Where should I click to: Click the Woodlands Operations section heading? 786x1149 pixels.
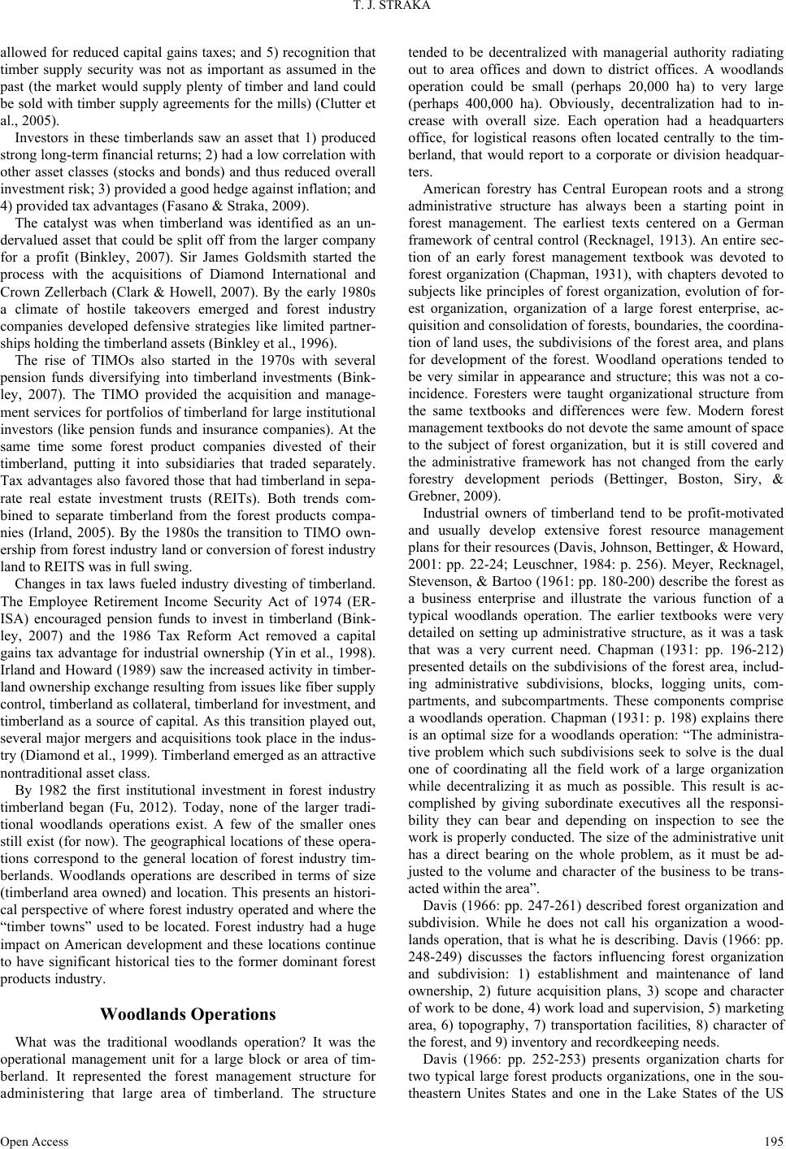[x=188, y=1014]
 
